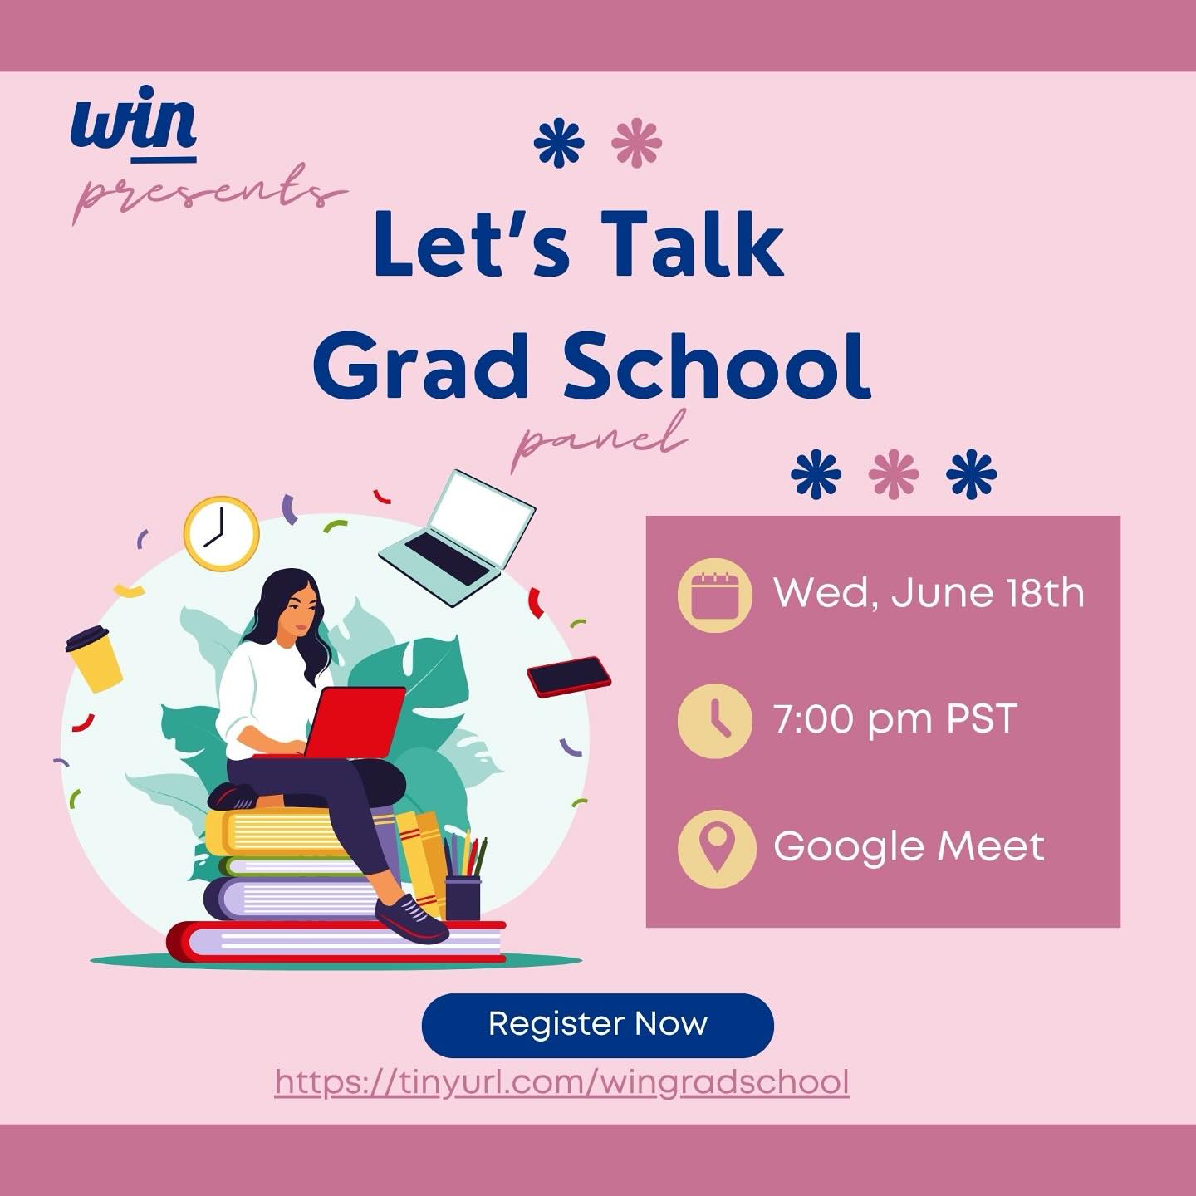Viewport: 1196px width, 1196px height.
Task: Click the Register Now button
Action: pyautogui.click(x=597, y=1025)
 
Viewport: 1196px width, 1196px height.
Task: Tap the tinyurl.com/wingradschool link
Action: pyautogui.click(x=562, y=1082)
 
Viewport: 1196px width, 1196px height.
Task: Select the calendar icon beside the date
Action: pyautogui.click(x=714, y=595)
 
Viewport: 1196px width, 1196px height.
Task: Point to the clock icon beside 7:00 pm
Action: pyautogui.click(x=714, y=720)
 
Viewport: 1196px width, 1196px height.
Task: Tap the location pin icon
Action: pyautogui.click(x=716, y=848)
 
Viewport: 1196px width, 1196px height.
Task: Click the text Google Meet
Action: pyautogui.click(x=909, y=847)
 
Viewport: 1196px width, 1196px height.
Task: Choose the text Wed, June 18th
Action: pyautogui.click(x=929, y=593)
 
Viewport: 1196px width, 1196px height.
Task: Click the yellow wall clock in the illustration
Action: pyautogui.click(x=221, y=533)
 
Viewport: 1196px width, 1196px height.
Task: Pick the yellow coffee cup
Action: pyautogui.click(x=93, y=658)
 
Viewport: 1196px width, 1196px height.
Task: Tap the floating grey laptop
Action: pyautogui.click(x=458, y=537)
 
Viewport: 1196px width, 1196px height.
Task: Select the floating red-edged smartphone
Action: pyautogui.click(x=569, y=677)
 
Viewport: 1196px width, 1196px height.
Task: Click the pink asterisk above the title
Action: pyautogui.click(x=636, y=143)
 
